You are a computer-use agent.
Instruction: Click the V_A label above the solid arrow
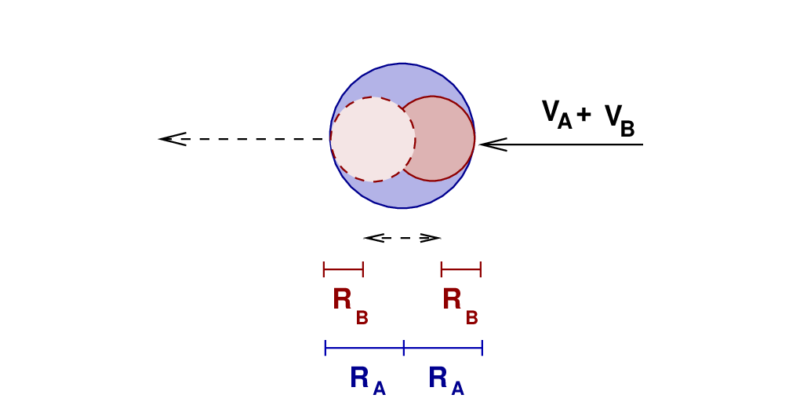[x=556, y=115]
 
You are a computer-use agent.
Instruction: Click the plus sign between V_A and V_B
[x=584, y=115]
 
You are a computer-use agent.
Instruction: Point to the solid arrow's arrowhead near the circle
[x=492, y=144]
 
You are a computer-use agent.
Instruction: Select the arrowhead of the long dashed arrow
[x=172, y=139]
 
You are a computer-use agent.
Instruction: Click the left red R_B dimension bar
[x=344, y=270]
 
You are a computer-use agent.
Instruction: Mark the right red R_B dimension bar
[x=461, y=270]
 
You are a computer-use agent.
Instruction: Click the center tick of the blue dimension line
[x=404, y=348]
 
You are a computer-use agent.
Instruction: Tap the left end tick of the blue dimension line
[x=325, y=348]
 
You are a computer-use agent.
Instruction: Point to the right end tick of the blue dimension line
[x=482, y=348]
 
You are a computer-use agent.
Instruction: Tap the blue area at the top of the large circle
[x=402, y=79]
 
